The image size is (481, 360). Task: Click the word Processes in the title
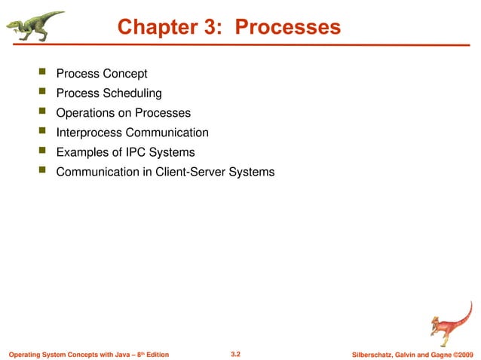tap(288, 27)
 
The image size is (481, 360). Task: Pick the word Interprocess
tap(91, 133)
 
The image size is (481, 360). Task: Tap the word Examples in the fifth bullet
tap(81, 152)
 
